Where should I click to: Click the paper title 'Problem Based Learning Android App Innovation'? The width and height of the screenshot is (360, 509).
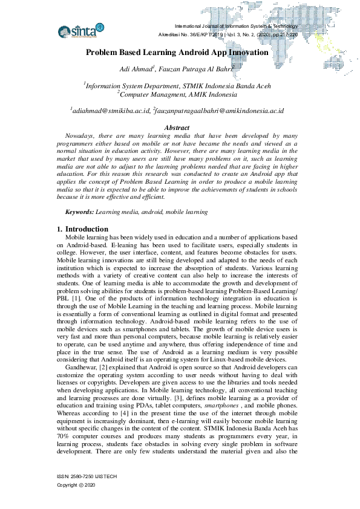pos(177,53)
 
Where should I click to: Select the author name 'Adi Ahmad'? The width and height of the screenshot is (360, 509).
pos(137,71)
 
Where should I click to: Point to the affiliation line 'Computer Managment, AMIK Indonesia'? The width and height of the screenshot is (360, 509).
pos(177,95)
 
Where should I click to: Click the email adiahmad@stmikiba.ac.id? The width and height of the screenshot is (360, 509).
pos(110,111)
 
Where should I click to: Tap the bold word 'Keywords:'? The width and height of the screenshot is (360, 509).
pos(80,212)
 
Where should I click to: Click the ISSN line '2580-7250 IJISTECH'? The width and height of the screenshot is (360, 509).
pos(87,476)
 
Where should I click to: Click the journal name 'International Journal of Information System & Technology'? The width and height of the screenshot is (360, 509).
pos(236,27)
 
